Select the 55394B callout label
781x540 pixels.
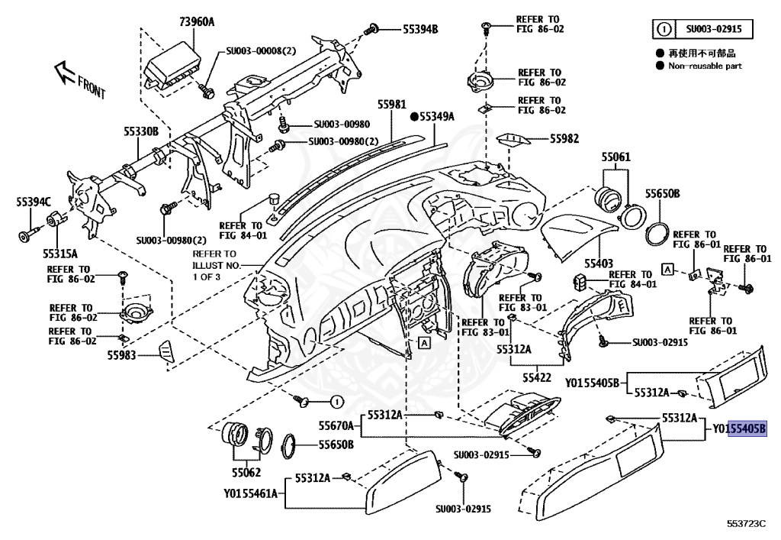point(420,30)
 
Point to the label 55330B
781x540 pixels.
point(141,131)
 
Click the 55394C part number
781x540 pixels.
point(33,202)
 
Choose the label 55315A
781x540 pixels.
point(59,251)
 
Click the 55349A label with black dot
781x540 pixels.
point(432,117)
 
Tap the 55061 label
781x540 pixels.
point(615,157)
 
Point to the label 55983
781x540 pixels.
point(121,355)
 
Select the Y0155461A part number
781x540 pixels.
point(250,493)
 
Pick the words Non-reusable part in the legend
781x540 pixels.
point(705,66)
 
